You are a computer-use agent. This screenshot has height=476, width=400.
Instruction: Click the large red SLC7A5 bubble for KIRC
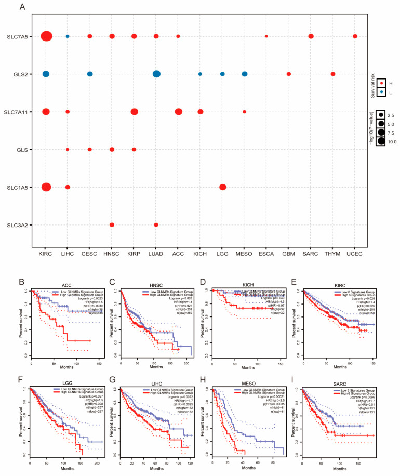[46, 36]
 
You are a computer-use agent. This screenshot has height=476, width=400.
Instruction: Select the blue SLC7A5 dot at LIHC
[68, 36]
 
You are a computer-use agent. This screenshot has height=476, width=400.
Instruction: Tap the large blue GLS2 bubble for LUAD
[156, 74]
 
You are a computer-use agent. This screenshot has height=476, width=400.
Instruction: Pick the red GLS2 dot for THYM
[333, 74]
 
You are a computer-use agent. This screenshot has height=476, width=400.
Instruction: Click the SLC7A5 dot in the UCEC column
[355, 36]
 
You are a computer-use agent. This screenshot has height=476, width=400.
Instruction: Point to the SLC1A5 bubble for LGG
[222, 187]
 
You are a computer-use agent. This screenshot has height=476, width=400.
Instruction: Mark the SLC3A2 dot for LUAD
[156, 224]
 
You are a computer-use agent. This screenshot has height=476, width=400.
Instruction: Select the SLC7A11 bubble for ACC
[179, 112]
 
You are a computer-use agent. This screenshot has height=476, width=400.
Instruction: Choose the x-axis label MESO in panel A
[245, 254]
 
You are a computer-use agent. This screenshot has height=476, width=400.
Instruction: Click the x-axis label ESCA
[266, 254]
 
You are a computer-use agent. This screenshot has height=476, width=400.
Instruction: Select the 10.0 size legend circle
[382, 140]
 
